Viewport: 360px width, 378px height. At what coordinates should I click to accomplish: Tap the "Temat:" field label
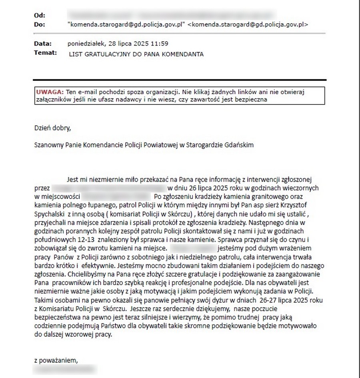(45, 52)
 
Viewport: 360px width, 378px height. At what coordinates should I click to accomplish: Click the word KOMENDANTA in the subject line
(184, 54)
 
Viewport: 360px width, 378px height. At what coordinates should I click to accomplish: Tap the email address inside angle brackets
(248, 24)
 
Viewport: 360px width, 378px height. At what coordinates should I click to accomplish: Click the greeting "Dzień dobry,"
(52, 129)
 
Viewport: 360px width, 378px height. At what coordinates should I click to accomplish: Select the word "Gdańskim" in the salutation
(239, 145)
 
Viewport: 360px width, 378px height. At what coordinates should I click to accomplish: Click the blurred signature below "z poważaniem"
(66, 369)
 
